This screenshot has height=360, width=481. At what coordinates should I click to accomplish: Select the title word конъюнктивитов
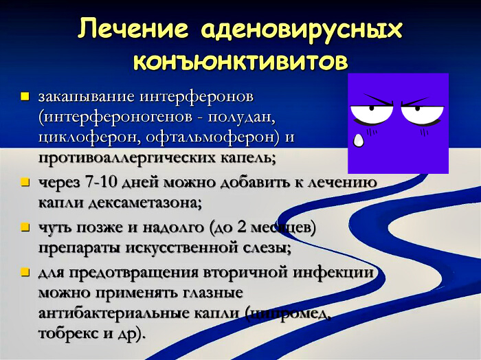240,61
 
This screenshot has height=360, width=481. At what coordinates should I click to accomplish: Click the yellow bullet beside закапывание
25,95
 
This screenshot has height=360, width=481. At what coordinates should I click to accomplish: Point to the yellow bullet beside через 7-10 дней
25,183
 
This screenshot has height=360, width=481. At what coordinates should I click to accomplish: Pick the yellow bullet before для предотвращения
25,271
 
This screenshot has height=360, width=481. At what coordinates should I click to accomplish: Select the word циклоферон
82,137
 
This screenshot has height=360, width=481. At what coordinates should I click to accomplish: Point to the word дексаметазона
140,203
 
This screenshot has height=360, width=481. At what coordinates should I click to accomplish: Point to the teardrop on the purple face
358,140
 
